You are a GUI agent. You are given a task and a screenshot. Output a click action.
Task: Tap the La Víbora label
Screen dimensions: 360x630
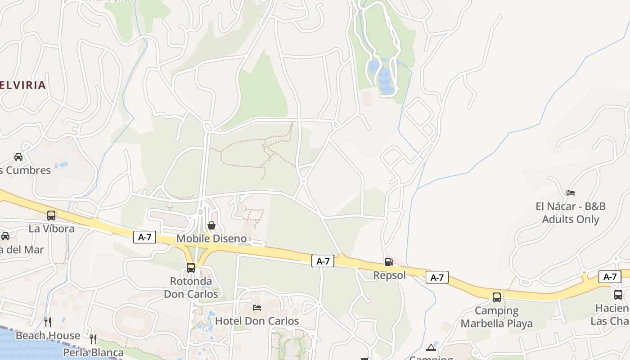(x=51, y=229)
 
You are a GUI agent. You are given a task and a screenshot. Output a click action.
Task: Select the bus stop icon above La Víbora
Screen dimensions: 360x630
(x=51, y=215)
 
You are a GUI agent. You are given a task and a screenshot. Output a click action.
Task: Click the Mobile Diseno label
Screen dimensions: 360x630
(x=211, y=238)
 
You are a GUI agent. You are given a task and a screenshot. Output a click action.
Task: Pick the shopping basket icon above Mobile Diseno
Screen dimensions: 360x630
(x=211, y=225)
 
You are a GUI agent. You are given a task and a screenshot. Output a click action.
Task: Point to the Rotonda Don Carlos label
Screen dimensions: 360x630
(x=191, y=288)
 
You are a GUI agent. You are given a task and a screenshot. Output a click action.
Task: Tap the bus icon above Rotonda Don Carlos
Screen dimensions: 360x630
(x=191, y=268)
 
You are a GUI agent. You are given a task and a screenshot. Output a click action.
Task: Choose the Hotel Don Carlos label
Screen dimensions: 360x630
(x=257, y=321)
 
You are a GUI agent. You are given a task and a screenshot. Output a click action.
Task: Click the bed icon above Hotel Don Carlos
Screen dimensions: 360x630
(x=257, y=308)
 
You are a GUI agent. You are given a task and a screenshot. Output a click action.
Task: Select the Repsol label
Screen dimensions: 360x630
(x=389, y=275)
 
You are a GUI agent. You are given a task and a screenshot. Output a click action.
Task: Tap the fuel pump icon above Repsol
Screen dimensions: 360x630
(x=389, y=261)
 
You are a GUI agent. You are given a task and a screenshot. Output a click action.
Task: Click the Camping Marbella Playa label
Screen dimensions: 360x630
(x=497, y=317)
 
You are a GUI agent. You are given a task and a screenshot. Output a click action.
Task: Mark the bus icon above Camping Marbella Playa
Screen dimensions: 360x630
(x=497, y=297)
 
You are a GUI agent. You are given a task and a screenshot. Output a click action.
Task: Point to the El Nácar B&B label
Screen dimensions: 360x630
(x=571, y=213)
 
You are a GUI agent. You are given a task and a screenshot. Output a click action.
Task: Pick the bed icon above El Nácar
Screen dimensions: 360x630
(x=571, y=193)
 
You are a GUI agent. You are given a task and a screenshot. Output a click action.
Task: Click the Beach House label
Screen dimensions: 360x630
(x=48, y=336)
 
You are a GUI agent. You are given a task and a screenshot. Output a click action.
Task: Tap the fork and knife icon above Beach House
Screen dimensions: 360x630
(x=48, y=322)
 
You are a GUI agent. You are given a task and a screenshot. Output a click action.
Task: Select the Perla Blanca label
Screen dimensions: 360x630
(x=93, y=352)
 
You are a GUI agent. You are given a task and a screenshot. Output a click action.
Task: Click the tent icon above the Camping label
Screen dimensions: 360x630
(x=431, y=347)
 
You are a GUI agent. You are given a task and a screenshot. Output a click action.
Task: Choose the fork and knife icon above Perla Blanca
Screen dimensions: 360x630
(x=93, y=338)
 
